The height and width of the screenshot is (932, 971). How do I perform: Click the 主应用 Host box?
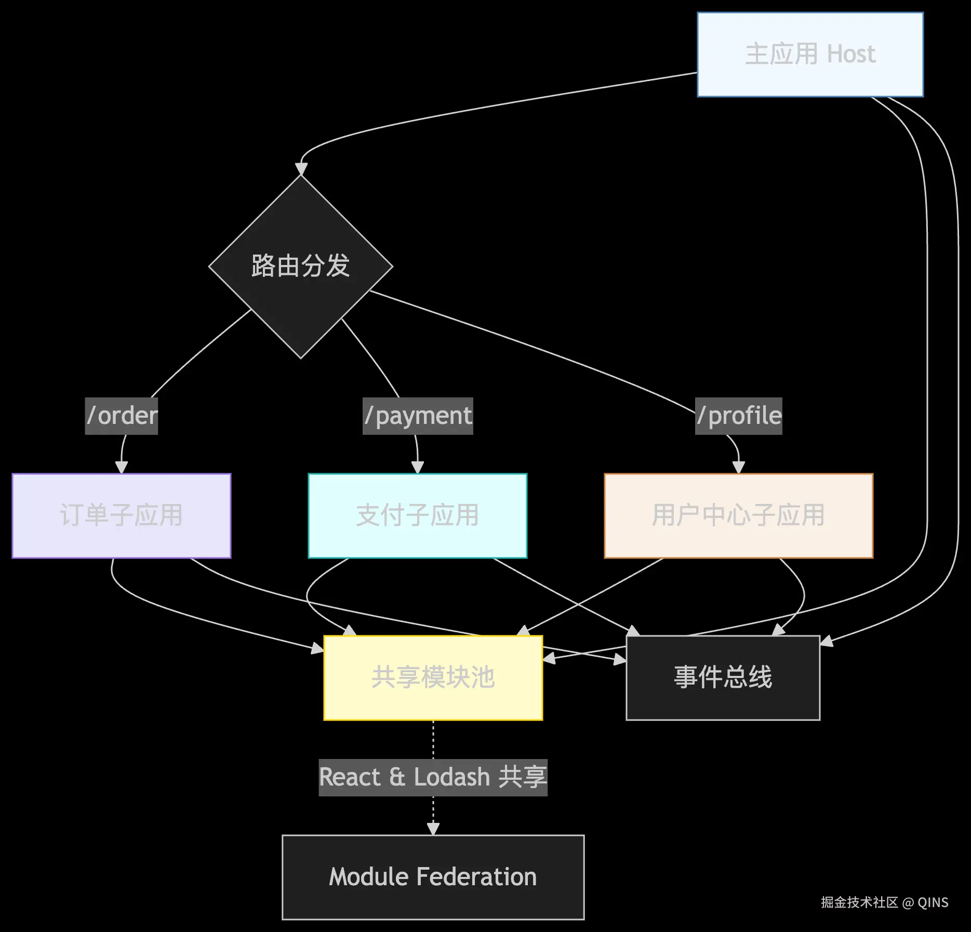pos(809,55)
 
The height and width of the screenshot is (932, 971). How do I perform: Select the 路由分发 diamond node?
pos(300,266)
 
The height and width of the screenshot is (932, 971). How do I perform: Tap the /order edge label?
pos(122,416)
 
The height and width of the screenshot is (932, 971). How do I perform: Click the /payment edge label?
pos(418,416)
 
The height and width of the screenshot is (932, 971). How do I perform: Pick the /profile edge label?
pos(738,416)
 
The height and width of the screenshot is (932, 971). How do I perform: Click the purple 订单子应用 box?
pos(121,515)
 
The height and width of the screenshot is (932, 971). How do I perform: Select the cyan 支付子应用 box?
pos(417,515)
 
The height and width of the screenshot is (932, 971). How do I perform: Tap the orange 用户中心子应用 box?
pos(738,515)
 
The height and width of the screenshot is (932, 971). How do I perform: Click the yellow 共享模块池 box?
pos(433,677)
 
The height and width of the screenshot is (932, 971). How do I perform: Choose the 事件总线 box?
pos(723,677)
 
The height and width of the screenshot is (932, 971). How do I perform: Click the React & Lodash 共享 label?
pos(433,777)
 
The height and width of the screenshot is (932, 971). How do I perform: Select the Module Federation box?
pos(433,877)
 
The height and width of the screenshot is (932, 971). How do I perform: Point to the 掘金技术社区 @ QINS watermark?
pos(884,902)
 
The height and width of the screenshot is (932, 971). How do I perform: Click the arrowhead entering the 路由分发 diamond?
pos(301,169)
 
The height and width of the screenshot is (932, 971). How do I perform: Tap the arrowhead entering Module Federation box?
pos(433,829)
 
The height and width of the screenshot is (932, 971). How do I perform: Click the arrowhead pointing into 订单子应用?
pos(122,467)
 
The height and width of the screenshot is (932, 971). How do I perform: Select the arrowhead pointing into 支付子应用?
pos(418,467)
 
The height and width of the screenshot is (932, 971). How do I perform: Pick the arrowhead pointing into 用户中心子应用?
pos(738,467)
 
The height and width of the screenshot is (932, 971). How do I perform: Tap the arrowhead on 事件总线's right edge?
pos(826,642)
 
